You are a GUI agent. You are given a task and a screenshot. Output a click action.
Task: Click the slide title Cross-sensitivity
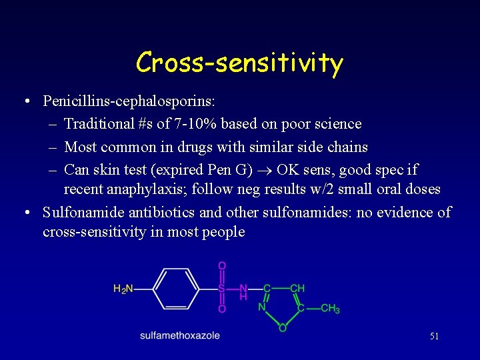tap(239, 63)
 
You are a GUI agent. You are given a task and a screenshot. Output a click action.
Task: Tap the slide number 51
tap(434, 337)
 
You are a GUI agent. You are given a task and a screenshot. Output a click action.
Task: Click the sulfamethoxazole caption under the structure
tap(179, 335)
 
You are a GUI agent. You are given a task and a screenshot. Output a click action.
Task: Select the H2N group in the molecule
tap(123, 289)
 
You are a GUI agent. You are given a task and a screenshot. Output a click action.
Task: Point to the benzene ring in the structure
tap(176, 289)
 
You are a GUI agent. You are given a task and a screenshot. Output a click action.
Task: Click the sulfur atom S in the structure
tap(221, 289)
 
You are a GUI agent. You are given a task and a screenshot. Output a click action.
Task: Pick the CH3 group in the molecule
tap(330, 309)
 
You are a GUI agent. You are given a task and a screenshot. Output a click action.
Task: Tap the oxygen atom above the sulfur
tap(222, 265)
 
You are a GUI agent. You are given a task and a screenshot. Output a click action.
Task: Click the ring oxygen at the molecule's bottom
tap(282, 328)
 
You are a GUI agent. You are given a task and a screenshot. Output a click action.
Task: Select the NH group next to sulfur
tap(243, 292)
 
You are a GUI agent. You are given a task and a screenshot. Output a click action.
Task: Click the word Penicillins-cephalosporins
tap(129, 101)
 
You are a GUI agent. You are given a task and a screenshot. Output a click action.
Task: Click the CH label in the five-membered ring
tap(297, 288)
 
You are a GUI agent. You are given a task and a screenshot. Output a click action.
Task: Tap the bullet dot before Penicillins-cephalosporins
tap(25, 101)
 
